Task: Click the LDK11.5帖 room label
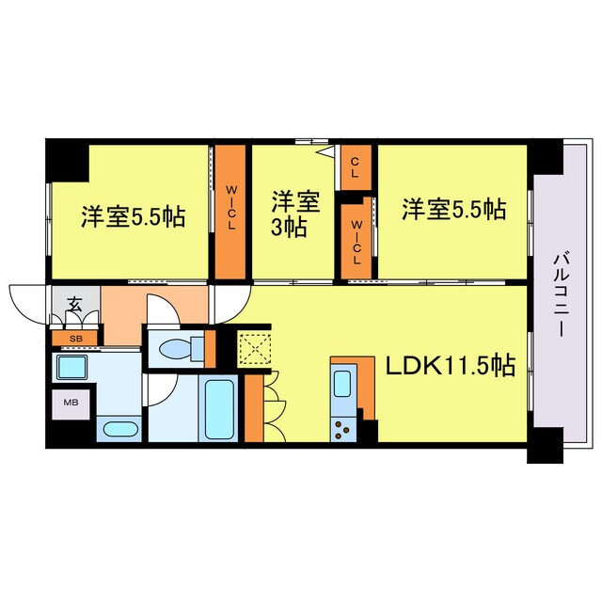click(x=447, y=365)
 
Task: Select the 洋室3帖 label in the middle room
click(x=290, y=214)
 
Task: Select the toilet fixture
click(x=177, y=349)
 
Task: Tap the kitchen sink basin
click(x=342, y=384)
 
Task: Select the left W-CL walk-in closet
click(x=230, y=212)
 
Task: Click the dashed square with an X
click(x=253, y=348)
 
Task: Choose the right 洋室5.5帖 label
click(x=454, y=209)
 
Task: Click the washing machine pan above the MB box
click(x=72, y=367)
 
